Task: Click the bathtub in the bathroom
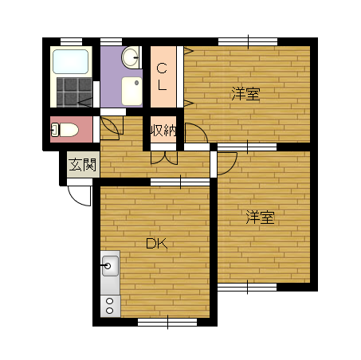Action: [x=70, y=61]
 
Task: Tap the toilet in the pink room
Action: [x=65, y=130]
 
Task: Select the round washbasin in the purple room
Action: [x=130, y=57]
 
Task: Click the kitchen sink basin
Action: [x=110, y=266]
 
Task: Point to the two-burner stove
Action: [x=110, y=306]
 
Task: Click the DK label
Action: [x=157, y=243]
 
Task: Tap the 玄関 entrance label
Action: [x=82, y=165]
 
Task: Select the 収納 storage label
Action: [x=163, y=130]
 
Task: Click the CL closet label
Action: [x=162, y=77]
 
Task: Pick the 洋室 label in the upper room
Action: [x=245, y=94]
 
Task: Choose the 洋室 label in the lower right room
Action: [x=260, y=217]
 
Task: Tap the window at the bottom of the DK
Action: [x=167, y=322]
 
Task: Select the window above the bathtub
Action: [x=71, y=41]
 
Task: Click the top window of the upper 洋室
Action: [x=248, y=41]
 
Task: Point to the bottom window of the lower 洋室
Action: [x=247, y=287]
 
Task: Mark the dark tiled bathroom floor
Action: [x=74, y=92]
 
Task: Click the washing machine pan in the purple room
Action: [x=131, y=91]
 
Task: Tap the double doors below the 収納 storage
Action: [x=164, y=158]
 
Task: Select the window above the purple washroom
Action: [x=111, y=41]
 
